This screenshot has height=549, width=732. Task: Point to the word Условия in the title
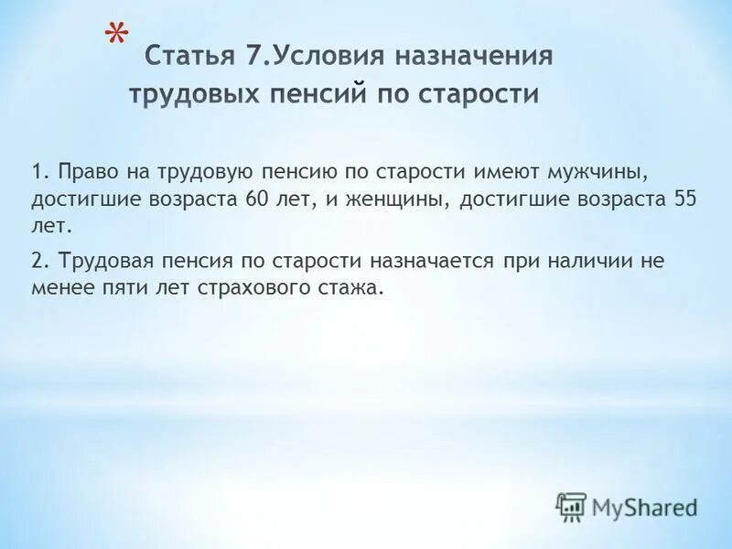point(330,57)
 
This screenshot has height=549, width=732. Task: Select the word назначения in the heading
point(475,57)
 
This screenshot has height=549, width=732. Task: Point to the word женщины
point(400,200)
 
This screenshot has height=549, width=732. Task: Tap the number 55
point(684,200)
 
